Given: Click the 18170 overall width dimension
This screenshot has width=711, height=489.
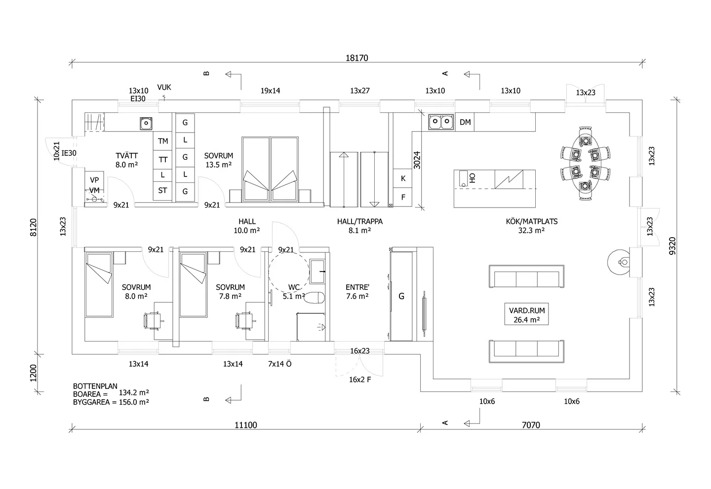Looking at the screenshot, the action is tap(357, 58).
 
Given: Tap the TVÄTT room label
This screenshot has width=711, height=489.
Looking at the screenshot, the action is tap(126, 156).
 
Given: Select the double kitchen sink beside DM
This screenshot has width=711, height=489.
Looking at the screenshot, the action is tap(441, 122).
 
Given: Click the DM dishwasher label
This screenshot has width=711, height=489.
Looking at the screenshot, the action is tap(465, 122).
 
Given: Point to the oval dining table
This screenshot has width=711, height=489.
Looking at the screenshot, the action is tap(585, 163).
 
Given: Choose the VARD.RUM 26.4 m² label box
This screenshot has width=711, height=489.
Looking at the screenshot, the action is tap(526, 314).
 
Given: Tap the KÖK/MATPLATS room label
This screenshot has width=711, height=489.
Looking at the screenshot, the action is tap(532, 221).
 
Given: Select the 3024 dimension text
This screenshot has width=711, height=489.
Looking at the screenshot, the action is tap(417, 160).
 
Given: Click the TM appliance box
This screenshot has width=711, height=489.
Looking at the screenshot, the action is tap(163, 141).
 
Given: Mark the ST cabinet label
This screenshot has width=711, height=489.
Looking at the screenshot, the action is tap(162, 190).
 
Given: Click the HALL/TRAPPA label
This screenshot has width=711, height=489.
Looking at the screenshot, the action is tap(360, 221).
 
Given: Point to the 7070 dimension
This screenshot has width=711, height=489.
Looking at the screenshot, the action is tap(531, 425).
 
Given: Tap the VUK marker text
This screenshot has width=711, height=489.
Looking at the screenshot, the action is tap(164, 87).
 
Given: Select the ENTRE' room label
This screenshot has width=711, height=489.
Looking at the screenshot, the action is tap(357, 287).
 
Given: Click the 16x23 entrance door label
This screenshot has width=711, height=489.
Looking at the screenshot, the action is tap(360, 351).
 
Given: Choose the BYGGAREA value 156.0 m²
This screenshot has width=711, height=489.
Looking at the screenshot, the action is tap(134, 402).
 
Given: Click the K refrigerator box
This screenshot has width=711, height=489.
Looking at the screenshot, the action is tap(403, 178).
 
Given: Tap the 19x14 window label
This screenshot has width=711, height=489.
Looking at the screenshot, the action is tap(271, 91).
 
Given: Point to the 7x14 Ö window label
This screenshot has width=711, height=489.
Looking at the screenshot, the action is tap(280, 364).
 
